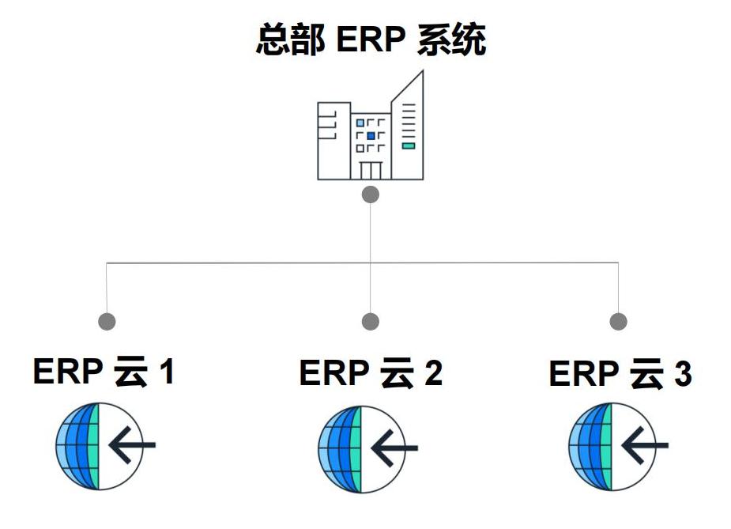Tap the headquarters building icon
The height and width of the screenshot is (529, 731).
(370, 130)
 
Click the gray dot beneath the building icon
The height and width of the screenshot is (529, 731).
(370, 195)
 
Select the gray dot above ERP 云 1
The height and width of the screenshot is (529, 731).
(107, 322)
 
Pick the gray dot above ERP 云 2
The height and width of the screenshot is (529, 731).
(370, 322)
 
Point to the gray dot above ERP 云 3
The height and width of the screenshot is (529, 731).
(619, 322)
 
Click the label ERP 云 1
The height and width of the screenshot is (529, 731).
(104, 371)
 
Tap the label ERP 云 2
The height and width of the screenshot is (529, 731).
(370, 372)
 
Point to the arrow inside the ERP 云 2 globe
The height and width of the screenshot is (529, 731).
(394, 448)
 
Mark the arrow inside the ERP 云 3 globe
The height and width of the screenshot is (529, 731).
(644, 448)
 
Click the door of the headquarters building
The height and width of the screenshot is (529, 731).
(371, 169)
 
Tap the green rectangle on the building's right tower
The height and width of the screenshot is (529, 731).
(408, 145)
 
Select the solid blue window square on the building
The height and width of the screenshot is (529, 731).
(371, 136)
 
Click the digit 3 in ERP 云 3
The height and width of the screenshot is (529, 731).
(682, 374)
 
